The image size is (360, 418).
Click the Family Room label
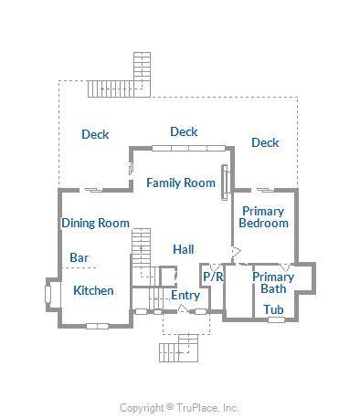[x=181, y=183]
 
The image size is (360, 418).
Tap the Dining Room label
[x=96, y=223]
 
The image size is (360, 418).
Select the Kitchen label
[x=93, y=290]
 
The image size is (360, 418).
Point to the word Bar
[x=79, y=257]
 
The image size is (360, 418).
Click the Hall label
[x=184, y=249]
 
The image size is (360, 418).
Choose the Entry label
[x=185, y=296]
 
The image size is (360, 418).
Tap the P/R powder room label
[x=213, y=277]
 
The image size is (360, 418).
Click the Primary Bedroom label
[x=263, y=217]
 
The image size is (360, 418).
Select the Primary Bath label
[x=273, y=283]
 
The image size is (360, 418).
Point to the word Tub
[x=273, y=309]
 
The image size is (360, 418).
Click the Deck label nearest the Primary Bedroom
[x=265, y=142]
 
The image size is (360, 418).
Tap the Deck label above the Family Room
[x=184, y=131]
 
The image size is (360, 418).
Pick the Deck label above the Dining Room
[x=95, y=134]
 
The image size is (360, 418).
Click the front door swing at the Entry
[x=183, y=308]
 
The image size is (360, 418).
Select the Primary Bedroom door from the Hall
[x=236, y=252]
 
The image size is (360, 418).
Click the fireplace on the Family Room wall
[x=225, y=183]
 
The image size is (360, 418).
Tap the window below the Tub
[x=276, y=319]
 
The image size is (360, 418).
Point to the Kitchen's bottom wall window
[x=97, y=326]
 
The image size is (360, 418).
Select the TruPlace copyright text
[x=179, y=408]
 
